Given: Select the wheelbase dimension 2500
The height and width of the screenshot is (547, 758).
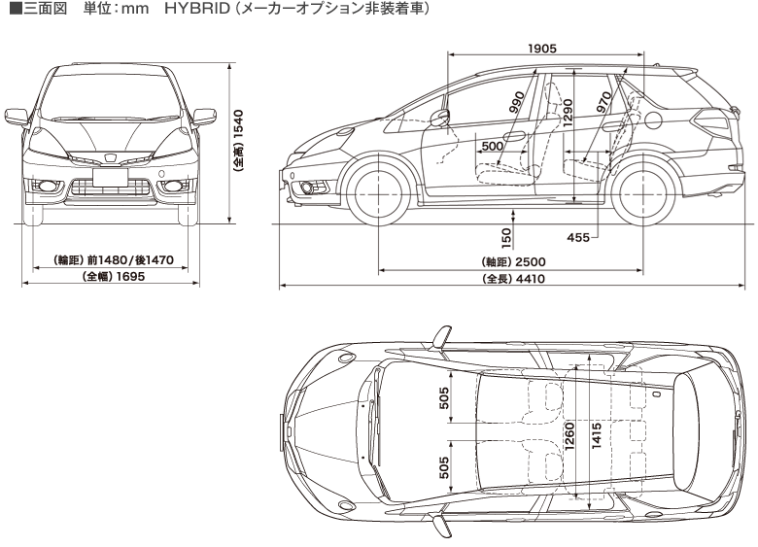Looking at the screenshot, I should click(x=530, y=262).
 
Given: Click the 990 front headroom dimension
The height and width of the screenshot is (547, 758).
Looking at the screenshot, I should click(x=516, y=105).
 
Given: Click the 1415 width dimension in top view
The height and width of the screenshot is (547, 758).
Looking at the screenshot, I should click(x=596, y=434).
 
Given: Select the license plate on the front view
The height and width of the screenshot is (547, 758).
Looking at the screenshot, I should click(x=113, y=177).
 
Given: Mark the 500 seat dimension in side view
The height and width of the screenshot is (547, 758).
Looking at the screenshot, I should click(x=493, y=146).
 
